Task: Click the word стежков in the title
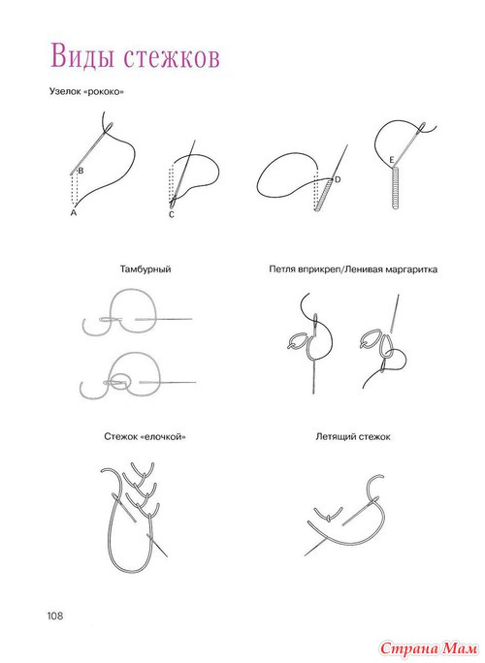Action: pos(173,57)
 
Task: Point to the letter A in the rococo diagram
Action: pos(74,212)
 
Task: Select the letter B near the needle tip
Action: pos(81,171)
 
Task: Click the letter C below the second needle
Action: pos(171,215)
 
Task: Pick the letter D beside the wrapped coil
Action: pos(338,179)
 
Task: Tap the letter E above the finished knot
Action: pos(392,160)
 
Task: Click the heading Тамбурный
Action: pos(145,269)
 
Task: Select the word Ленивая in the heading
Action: pos(363,269)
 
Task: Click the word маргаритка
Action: pos(410,269)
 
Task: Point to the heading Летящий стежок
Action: pos(352,437)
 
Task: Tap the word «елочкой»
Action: pos(165,437)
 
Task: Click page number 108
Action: pos(55,616)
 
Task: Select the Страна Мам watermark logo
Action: pos(429,647)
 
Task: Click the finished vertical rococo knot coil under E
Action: pos(396,187)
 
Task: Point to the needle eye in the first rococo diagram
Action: pos(109,128)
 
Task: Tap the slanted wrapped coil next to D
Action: pos(324,194)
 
